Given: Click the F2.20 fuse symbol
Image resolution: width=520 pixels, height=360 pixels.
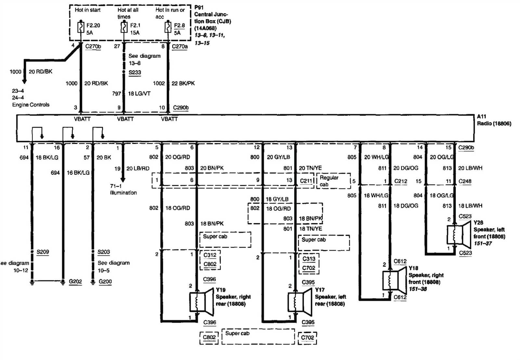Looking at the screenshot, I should coord(81,27).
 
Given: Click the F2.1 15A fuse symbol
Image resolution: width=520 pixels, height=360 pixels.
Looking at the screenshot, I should coord(123,27).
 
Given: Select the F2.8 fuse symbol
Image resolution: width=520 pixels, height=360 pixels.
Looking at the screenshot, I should coord(168,27).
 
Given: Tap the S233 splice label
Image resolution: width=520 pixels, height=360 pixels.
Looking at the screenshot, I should coord(135,72).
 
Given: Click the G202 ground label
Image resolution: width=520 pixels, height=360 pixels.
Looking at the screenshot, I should coord(75,282).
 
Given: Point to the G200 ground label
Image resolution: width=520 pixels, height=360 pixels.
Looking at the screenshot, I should coord(105,282).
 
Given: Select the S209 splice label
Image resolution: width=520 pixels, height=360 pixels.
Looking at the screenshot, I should coord(43,252).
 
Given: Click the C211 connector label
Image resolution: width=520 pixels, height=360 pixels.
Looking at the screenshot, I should coord(306,181).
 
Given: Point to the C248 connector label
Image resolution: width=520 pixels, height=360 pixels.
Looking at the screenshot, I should coord(465,181).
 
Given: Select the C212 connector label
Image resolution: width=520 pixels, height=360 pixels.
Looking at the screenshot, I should coord(400,181).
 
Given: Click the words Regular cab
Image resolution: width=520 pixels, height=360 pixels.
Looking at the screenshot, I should coord(329,181).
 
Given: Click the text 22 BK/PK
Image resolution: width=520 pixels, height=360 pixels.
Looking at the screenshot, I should coord(183,84).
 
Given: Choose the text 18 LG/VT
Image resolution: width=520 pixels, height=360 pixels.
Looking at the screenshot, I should coord(139,94).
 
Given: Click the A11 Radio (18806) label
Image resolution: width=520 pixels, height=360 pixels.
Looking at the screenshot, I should coord(493,120).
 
